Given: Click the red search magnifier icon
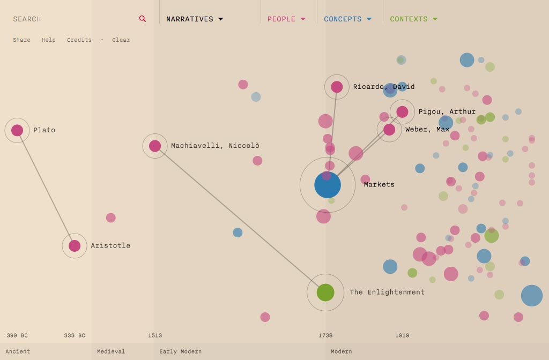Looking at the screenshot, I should (143, 19).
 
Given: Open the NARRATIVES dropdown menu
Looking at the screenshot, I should (194, 19).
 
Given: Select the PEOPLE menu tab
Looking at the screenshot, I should (286, 19).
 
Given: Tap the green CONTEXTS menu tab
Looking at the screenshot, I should (413, 19).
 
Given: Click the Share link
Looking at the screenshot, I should (21, 40).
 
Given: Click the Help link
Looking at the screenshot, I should (49, 40).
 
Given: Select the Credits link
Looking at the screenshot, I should (79, 40).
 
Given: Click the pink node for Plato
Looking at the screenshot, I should (17, 130).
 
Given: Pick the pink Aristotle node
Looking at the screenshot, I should (75, 246).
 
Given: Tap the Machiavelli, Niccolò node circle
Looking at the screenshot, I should (155, 146).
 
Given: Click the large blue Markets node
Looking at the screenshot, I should (328, 185).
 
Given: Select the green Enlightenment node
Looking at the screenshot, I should (325, 292).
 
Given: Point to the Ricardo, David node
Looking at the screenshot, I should (337, 87).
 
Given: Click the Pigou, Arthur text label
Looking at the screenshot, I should (447, 112).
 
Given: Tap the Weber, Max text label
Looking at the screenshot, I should (427, 130).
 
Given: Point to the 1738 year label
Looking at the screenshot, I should (325, 335).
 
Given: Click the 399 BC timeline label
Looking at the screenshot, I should (17, 335).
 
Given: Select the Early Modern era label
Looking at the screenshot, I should (180, 351).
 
